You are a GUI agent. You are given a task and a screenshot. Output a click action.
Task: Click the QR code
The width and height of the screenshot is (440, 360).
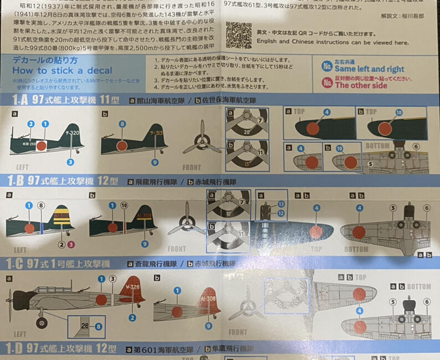pyautogui.click(x=239, y=35)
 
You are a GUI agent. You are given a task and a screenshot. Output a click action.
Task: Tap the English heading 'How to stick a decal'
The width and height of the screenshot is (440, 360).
pyautogui.click(x=62, y=70)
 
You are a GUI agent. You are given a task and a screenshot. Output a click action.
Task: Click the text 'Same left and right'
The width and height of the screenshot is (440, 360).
pyautogui.click(x=369, y=69)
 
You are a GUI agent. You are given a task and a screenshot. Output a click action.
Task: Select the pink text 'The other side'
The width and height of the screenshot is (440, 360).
pyautogui.click(x=361, y=85)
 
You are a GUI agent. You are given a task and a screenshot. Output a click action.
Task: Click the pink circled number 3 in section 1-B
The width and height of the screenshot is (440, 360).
pyautogui.click(x=71, y=244)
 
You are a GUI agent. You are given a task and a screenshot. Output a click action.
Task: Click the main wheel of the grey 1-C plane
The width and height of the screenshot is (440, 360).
pyautogui.click(x=42, y=322)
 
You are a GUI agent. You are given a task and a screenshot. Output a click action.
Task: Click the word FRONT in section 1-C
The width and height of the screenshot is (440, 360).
pyautogui.click(x=237, y=332)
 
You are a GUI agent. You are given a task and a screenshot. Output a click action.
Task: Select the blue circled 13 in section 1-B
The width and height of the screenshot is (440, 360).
pyautogui.click(x=281, y=204)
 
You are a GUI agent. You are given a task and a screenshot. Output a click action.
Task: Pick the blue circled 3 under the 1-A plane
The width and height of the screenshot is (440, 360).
pyautogui.click(x=70, y=162)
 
